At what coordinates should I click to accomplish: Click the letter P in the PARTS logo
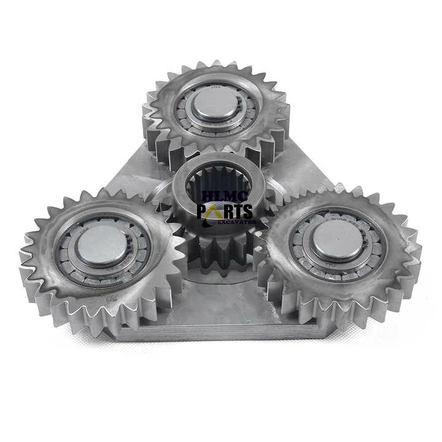click(203, 212)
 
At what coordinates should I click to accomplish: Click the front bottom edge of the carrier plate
click(215, 335)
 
